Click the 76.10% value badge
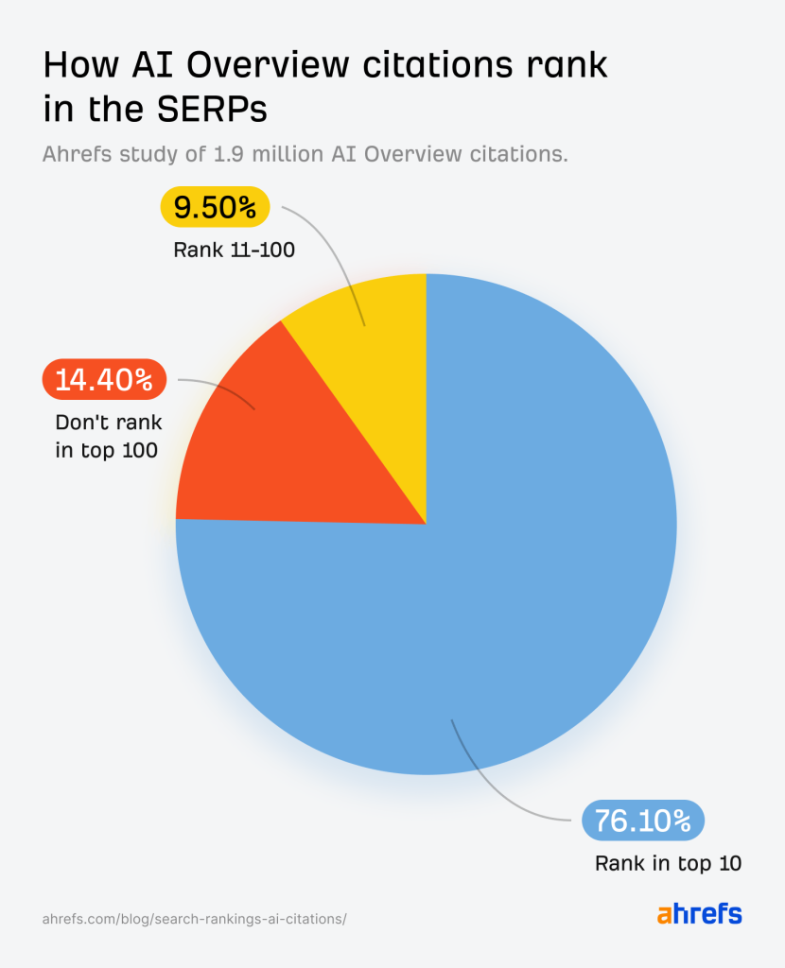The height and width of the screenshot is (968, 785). pos(642,821)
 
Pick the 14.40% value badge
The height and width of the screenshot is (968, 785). pos(104,380)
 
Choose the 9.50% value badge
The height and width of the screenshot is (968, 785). pos(216,207)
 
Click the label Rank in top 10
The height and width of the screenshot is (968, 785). pos(668,863)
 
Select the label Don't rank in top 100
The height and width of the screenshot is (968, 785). pos(106,437)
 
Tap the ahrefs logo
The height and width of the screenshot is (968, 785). pos(699,914)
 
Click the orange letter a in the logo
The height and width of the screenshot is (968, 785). pos(665,915)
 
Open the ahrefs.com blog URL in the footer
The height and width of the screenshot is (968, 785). pos(195,919)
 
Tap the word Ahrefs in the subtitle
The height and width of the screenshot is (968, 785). pos(74,154)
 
